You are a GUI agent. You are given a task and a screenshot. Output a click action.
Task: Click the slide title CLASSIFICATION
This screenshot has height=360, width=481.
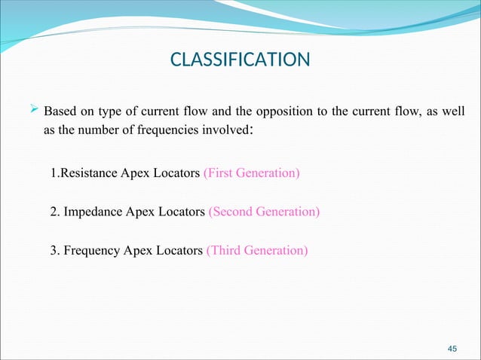tap(240, 59)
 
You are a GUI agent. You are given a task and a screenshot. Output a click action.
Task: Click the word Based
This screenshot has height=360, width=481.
tap(61, 113)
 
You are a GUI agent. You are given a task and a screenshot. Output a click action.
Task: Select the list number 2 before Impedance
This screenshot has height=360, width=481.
tap(54, 212)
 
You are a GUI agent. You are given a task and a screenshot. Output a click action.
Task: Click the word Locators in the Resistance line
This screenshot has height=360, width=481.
tap(176, 174)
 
